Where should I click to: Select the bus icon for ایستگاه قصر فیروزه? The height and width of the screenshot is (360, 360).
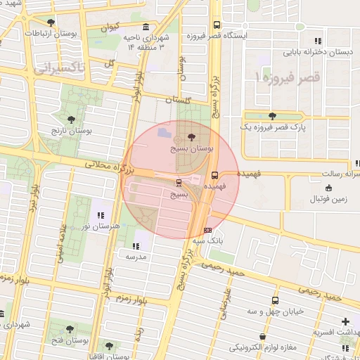(x=217, y=25)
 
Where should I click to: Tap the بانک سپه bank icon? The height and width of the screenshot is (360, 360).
(x=207, y=230)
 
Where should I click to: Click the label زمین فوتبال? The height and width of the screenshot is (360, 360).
(x=330, y=199)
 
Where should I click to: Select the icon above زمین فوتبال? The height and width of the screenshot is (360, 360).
(x=329, y=187)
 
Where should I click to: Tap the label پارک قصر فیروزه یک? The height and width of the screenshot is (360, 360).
(x=271, y=127)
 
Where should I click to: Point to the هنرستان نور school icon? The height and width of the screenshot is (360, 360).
(x=101, y=214)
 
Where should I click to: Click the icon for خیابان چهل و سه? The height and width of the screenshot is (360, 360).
(x=274, y=299)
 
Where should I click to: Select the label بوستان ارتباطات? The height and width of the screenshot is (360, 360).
(x=51, y=33)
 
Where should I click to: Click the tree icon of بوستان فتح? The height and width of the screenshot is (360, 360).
(x=69, y=329)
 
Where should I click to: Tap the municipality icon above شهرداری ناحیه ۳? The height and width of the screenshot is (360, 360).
(x=146, y=26)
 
